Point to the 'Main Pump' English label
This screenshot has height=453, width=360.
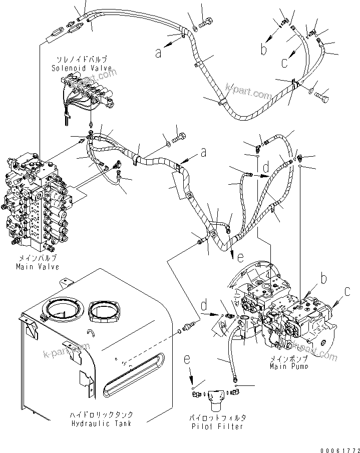point(289,366)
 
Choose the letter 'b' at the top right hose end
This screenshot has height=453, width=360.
point(264,49)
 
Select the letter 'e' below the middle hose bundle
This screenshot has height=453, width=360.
point(240,258)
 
